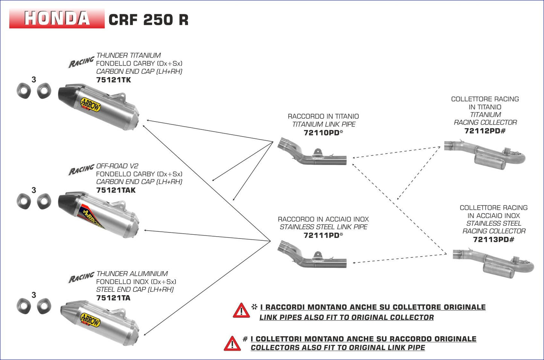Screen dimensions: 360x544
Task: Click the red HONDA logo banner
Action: (x=57, y=18)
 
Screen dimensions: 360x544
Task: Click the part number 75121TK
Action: (x=113, y=80)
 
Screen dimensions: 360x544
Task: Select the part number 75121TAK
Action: (x=116, y=190)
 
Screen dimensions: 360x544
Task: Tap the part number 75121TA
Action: (x=113, y=298)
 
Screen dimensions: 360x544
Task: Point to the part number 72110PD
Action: (x=322, y=132)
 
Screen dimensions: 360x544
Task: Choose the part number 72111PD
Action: (x=322, y=235)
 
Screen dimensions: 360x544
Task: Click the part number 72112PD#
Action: (x=485, y=131)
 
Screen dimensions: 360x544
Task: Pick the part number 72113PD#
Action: (x=493, y=239)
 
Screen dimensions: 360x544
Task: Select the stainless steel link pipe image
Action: (x=312, y=255)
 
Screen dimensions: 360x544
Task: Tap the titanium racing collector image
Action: (x=486, y=154)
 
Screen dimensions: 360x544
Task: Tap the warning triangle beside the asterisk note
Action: (x=241, y=311)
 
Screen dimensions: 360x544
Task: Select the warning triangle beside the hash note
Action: (x=232, y=343)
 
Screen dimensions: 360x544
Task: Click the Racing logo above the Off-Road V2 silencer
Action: (x=81, y=170)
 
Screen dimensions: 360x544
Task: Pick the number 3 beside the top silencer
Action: (x=34, y=79)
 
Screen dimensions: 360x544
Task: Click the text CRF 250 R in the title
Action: (x=148, y=20)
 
